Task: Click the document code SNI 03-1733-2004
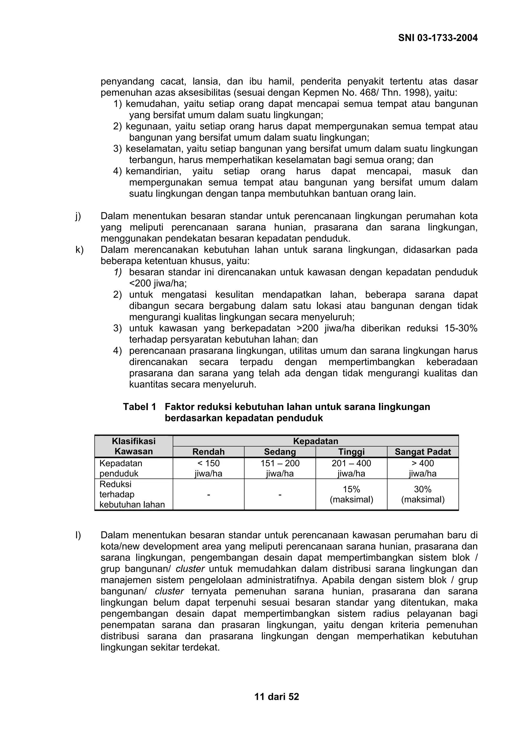click(x=438, y=38)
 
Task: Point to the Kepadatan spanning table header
click(x=316, y=441)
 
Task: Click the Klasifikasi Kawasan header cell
click(x=134, y=446)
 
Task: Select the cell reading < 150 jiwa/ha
click(x=209, y=468)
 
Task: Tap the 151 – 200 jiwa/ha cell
click(x=280, y=468)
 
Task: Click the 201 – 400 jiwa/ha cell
click(x=351, y=468)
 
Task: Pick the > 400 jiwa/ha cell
click(x=423, y=468)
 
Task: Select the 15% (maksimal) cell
click(x=351, y=494)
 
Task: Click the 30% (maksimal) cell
click(x=423, y=494)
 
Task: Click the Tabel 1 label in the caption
click(x=139, y=407)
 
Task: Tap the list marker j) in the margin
click(x=78, y=216)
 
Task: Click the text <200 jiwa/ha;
click(x=158, y=283)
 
